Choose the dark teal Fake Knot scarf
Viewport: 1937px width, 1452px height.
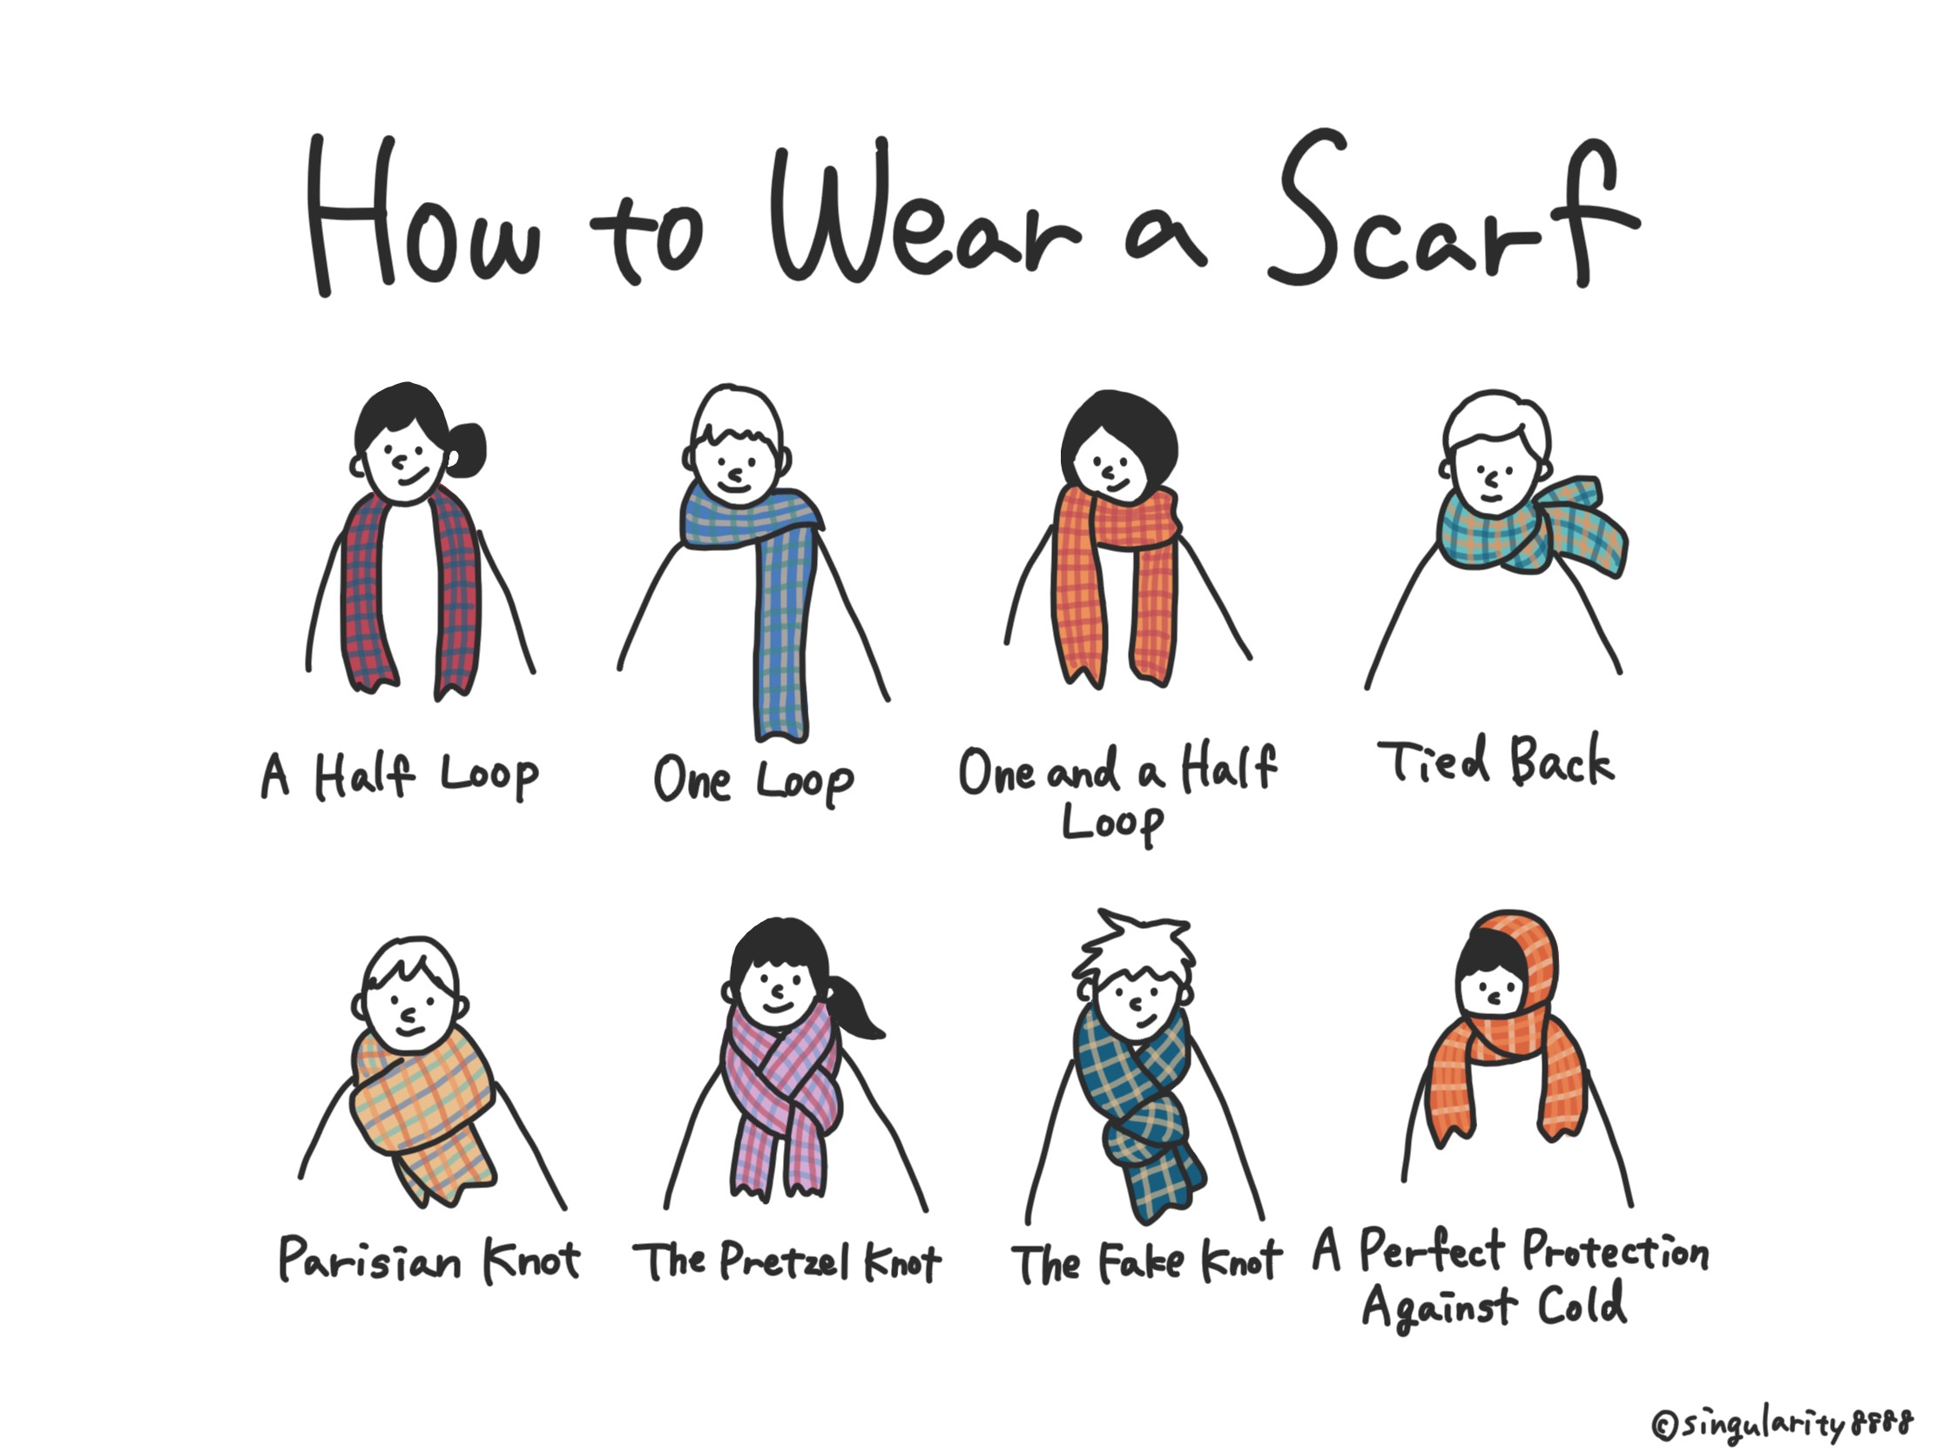coord(1138,1112)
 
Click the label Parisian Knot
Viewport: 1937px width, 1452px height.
coord(429,1260)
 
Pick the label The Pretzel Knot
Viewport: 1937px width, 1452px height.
coord(786,1261)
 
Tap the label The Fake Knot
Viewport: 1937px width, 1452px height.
coord(1145,1263)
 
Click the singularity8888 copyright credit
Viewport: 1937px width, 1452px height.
coord(1781,1425)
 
